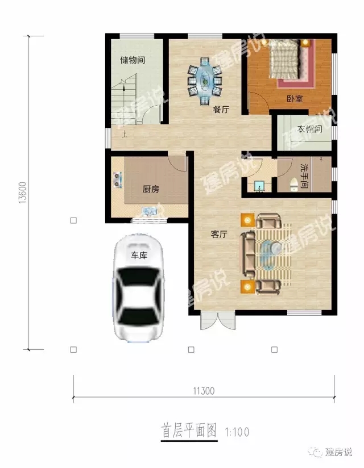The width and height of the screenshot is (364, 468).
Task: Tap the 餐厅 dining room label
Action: pos(221,110)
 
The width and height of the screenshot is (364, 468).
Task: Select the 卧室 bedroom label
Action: pos(294,98)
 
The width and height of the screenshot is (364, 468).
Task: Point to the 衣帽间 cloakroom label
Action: pos(310,129)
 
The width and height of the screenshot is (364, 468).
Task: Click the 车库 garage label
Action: pos(139,256)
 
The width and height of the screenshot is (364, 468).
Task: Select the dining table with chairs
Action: pos(205,81)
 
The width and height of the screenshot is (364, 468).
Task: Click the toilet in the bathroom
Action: pos(294,183)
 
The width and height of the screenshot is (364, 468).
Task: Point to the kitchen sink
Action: pos(150,212)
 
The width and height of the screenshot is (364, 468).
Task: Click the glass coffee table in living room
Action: pos(269,253)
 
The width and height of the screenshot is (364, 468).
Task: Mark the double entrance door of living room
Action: pos(217,321)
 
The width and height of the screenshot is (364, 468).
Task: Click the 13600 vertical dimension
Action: pos(22,193)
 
